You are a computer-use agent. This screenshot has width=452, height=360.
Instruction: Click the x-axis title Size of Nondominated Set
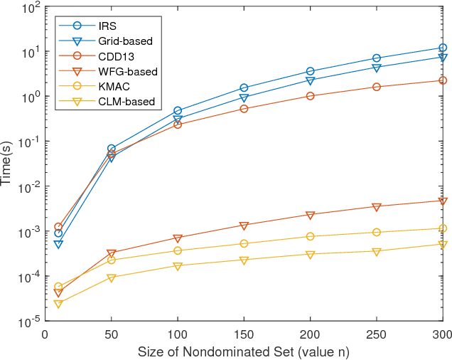point(244,351)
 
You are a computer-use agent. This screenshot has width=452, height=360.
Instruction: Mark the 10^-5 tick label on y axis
point(29,322)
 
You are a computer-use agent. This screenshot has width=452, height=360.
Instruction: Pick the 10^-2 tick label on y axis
point(29,187)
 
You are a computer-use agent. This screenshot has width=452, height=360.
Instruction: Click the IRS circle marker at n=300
point(443,48)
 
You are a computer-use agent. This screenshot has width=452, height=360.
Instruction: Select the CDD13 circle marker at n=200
point(311,95)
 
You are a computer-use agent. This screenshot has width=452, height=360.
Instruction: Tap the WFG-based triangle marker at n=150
point(244,226)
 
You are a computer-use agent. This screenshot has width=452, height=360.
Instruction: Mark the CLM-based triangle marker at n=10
point(58,304)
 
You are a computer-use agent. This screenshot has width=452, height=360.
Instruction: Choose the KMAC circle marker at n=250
point(377,232)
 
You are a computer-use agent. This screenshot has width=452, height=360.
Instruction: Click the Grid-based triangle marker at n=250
point(377,68)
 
